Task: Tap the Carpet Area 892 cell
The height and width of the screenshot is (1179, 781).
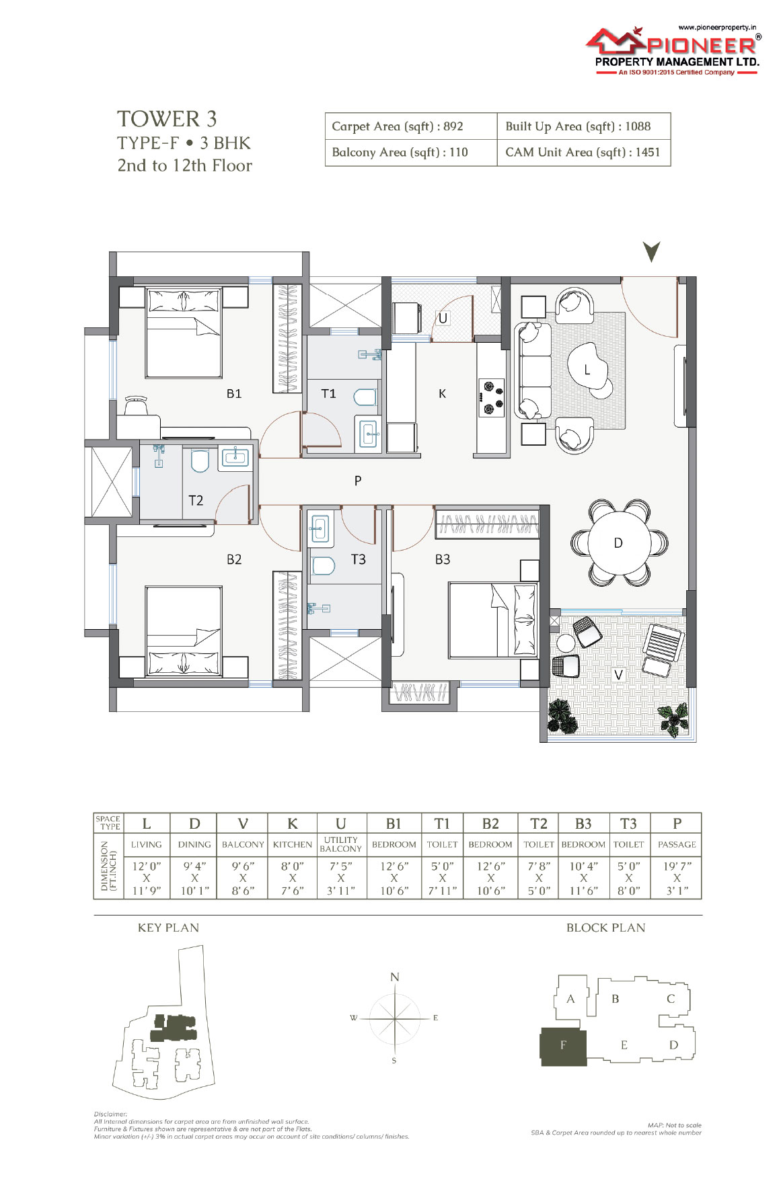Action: click(411, 126)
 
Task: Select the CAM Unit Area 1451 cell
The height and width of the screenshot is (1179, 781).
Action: click(584, 153)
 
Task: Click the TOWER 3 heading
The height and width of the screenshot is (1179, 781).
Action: click(167, 119)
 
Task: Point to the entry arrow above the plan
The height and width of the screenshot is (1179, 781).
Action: click(651, 251)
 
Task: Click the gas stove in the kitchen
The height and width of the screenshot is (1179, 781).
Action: click(491, 397)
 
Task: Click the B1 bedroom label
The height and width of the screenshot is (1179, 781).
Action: click(233, 394)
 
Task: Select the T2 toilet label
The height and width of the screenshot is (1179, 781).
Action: click(196, 500)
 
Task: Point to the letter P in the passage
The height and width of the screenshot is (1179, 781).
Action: click(358, 481)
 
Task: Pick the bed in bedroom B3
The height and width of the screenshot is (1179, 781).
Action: click(494, 620)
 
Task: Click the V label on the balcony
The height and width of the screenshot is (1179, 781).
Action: click(618, 674)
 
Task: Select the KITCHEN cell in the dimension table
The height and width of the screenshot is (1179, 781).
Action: click(293, 844)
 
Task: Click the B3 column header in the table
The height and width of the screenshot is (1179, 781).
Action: click(583, 823)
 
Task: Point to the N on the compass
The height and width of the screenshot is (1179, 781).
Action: click(395, 977)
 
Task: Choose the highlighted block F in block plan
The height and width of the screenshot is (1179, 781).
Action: click(564, 1047)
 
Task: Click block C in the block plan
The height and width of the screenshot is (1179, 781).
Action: click(671, 999)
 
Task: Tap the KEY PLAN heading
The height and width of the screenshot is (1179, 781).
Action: click(168, 928)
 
